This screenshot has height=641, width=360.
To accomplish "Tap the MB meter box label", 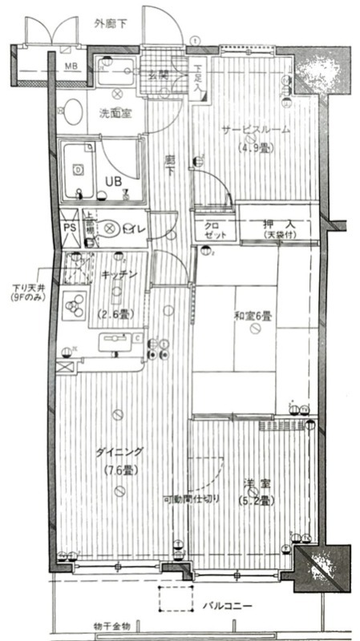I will tap(71, 65).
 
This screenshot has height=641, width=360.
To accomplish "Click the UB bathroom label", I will tap(111, 181).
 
